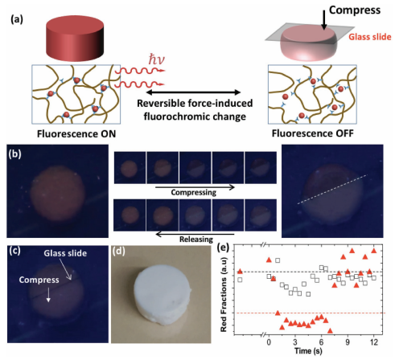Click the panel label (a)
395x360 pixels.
(17, 19)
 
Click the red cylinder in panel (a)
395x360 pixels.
(75, 39)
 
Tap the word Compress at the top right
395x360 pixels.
(355, 10)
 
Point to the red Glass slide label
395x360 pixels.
(370, 37)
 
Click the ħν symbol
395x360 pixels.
(156, 59)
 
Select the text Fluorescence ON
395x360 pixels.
(76, 133)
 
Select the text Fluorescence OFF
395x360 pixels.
(313, 133)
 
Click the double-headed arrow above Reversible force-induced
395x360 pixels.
(193, 92)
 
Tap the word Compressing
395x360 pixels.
(194, 192)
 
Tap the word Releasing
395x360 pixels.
(196, 239)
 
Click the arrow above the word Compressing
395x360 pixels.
(195, 187)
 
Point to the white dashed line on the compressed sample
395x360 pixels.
(332, 190)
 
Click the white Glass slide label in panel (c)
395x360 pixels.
(65, 253)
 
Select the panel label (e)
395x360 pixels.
(223, 247)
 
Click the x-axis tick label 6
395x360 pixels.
(321, 342)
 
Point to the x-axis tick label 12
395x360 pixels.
(373, 342)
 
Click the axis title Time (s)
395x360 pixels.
(308, 351)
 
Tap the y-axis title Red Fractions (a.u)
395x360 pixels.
(224, 295)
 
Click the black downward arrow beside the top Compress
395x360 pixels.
(324, 19)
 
